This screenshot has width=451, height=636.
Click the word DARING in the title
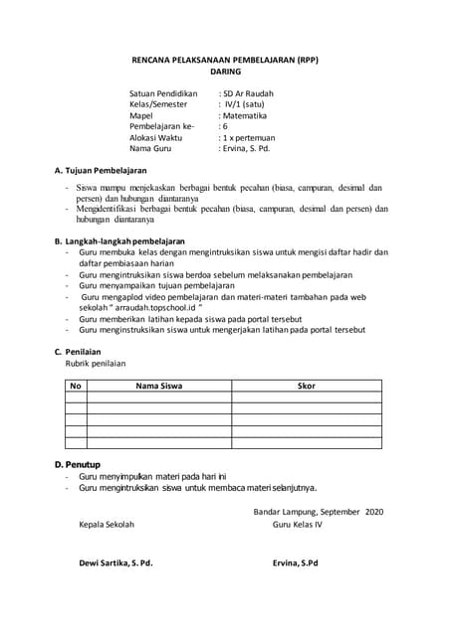(226, 73)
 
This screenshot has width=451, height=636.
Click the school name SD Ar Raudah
(249, 93)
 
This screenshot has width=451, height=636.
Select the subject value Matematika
(248, 116)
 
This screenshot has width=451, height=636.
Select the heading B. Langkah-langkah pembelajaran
(118, 241)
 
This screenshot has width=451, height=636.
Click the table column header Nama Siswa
(158, 385)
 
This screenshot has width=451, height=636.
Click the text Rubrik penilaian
(96, 364)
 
